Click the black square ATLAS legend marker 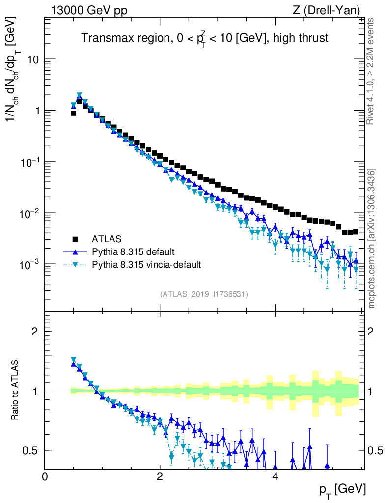tap(76, 239)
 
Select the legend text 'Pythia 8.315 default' tap(133, 252)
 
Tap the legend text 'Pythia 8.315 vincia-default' tap(146, 265)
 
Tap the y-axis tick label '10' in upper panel tap(31, 59)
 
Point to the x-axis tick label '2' tap(160, 476)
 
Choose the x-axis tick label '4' tap(275, 476)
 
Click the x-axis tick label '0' tap(45, 476)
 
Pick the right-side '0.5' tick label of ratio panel tap(376, 450)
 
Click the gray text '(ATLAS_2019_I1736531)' tap(204, 294)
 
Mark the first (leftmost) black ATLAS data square tap(73, 113)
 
